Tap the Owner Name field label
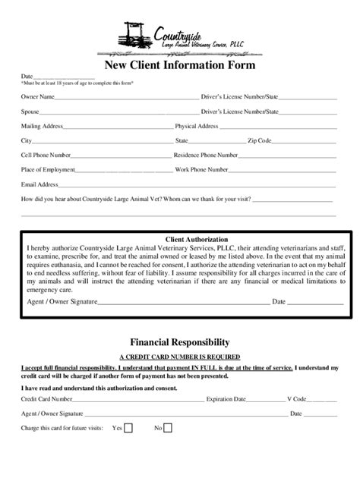pyautogui.click(x=37, y=97)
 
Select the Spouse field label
pyautogui.click(x=30, y=112)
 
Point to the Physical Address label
pyautogui.click(x=197, y=126)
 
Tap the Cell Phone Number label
pyautogui.click(x=46, y=155)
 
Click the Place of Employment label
pyautogui.click(x=48, y=169)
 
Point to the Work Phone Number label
pyautogui.click(x=201, y=169)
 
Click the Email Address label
pyautogui.click(x=40, y=184)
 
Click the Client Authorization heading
pyautogui.click(x=180, y=239)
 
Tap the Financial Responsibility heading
pyautogui.click(x=180, y=342)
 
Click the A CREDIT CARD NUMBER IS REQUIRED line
pyautogui.click(x=180, y=356)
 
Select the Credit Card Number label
pyautogui.click(x=47, y=398)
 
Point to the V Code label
pyautogui.click(x=296, y=398)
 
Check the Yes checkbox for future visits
pyautogui.click(x=128, y=428)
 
